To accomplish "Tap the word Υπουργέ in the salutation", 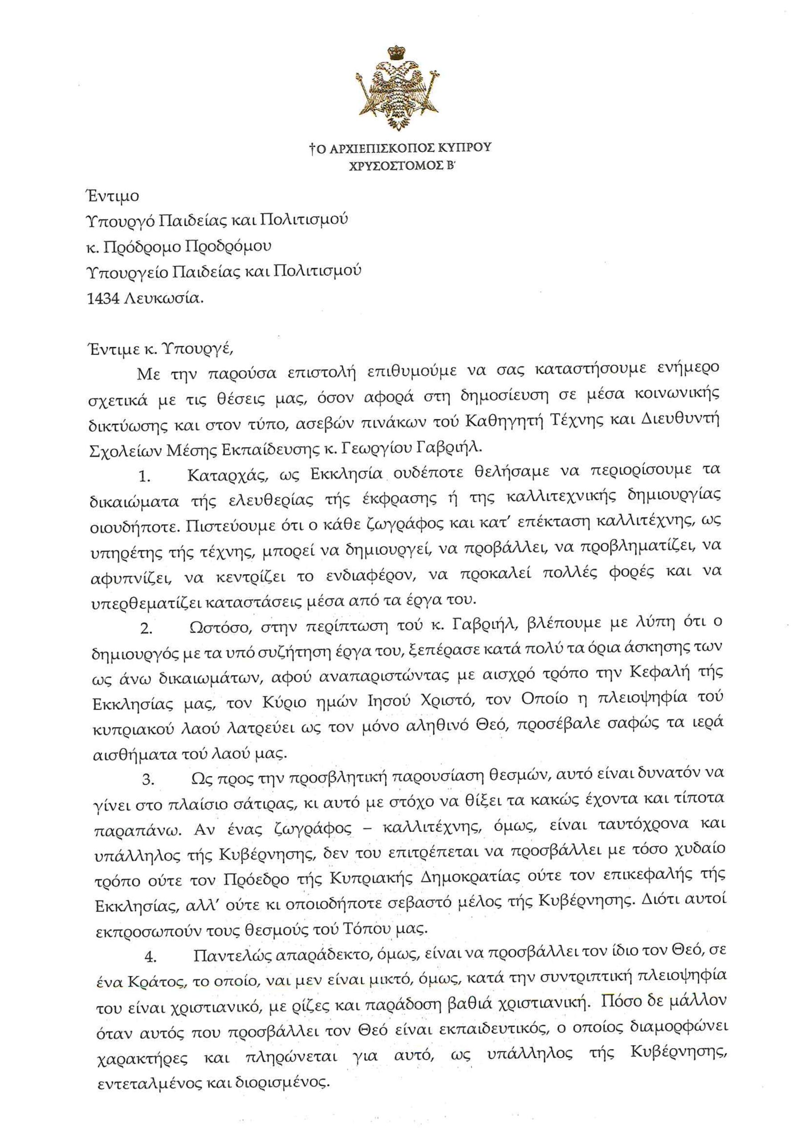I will pyautogui.click(x=196, y=347).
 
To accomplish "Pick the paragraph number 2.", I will pyautogui.click(x=146, y=628).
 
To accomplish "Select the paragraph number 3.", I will pyautogui.click(x=148, y=780).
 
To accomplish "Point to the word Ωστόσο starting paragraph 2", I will pyautogui.click(x=219, y=627).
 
